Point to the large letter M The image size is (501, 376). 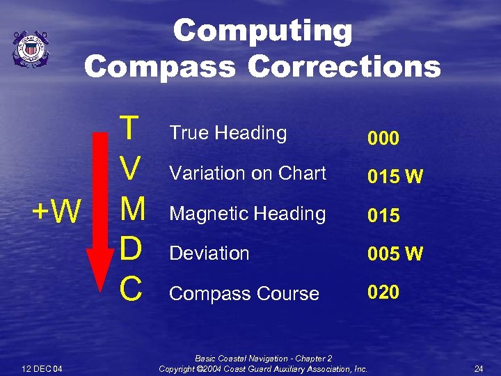132,209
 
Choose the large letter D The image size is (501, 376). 130,249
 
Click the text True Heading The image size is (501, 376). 228,133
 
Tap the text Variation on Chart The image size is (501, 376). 248,173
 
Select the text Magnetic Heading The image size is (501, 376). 248,214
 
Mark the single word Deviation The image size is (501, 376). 209,253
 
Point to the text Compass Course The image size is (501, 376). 244,294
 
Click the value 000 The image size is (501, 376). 383,139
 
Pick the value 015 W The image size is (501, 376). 395,177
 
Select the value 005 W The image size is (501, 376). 395,254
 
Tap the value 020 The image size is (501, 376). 383,292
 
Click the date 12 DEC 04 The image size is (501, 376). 42,368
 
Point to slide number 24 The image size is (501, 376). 478,368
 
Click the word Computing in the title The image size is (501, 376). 262,31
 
